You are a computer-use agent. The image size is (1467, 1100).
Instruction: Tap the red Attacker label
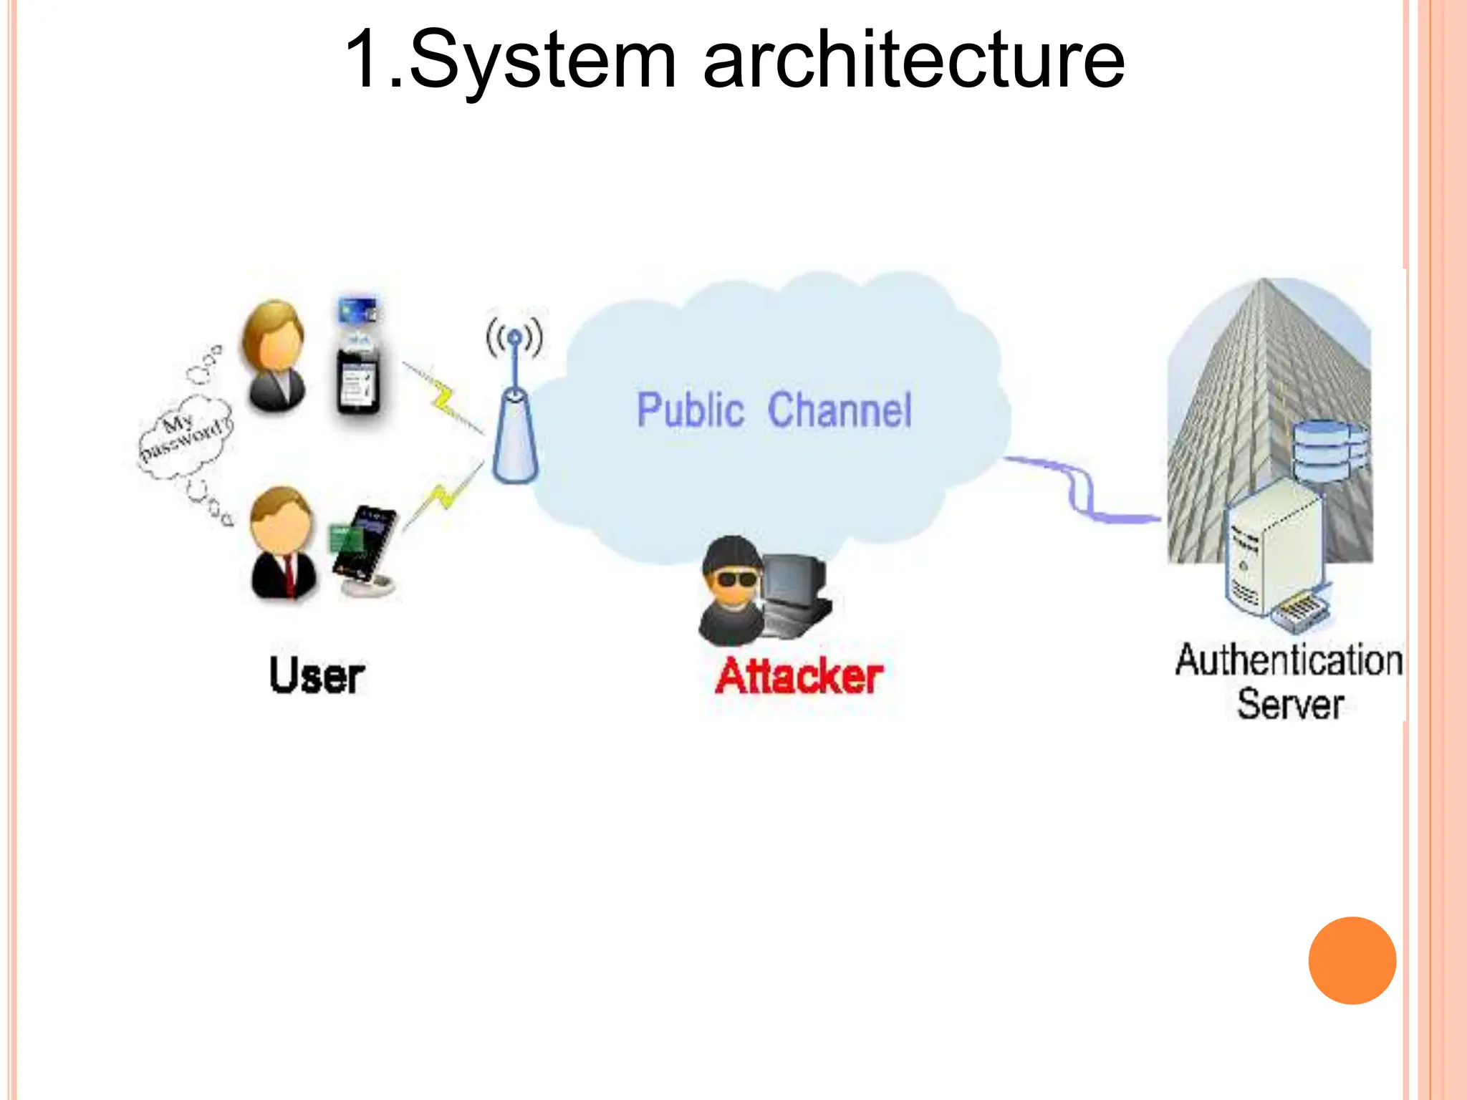pyautogui.click(x=799, y=676)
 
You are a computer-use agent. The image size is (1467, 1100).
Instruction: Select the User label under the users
pyautogui.click(x=317, y=675)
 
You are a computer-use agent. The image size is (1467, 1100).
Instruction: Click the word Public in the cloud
pyautogui.click(x=691, y=410)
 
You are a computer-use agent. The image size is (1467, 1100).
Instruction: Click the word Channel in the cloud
pyautogui.click(x=840, y=410)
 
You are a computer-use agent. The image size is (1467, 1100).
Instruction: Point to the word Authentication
pyautogui.click(x=1288, y=660)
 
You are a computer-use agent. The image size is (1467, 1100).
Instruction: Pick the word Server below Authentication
pyautogui.click(x=1290, y=705)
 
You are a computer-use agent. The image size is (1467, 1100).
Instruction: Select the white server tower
pyautogui.click(x=1271, y=548)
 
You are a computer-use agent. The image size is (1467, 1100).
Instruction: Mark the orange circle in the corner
pyautogui.click(x=1352, y=960)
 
